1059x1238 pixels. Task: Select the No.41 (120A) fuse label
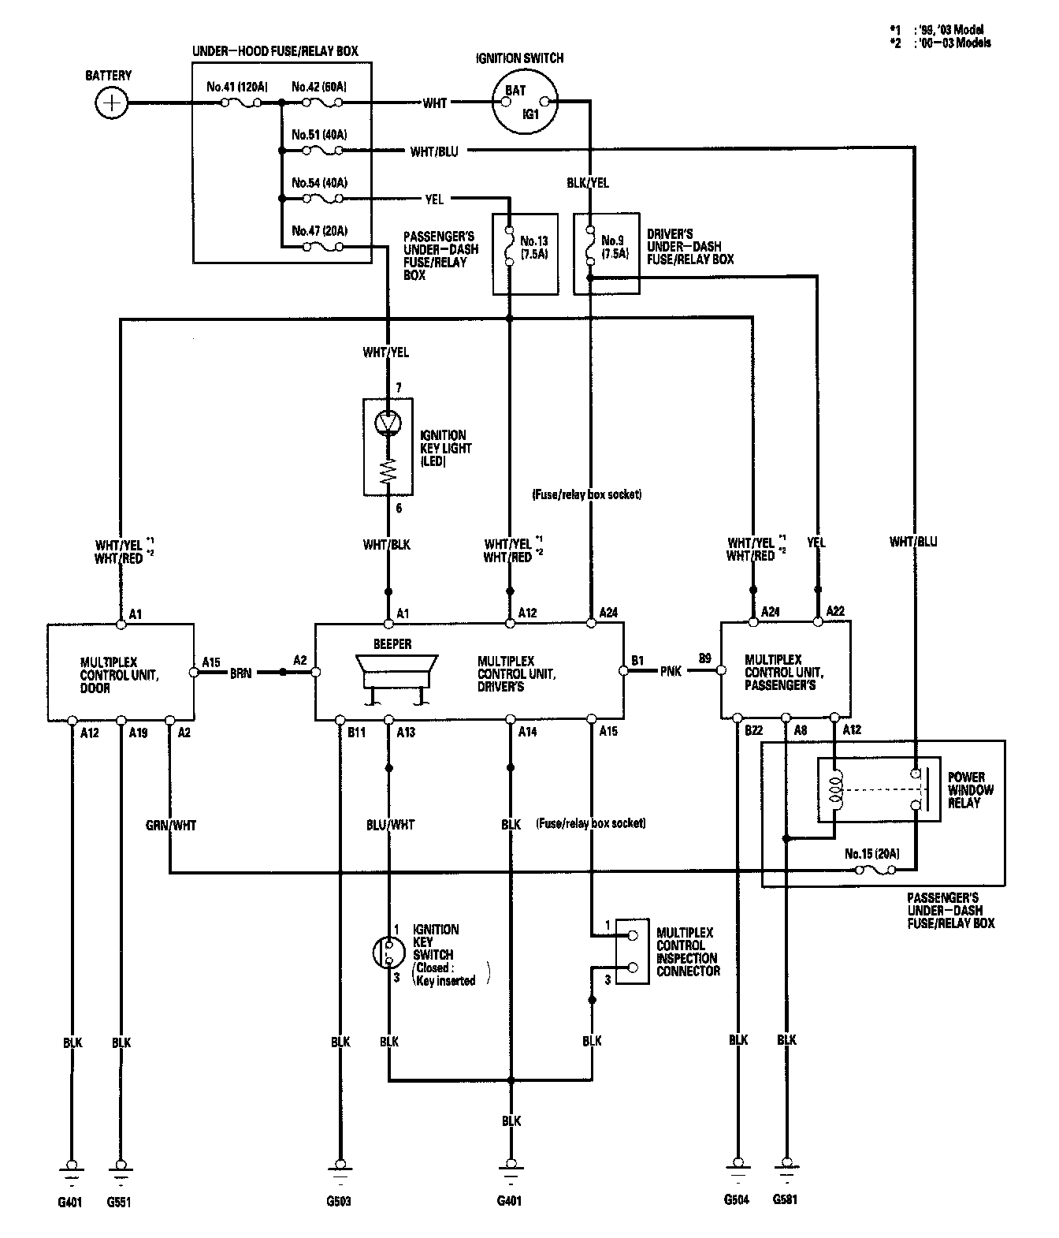click(x=235, y=88)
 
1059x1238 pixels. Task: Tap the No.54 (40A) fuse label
click(x=319, y=183)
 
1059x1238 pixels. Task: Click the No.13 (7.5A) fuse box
click(x=525, y=253)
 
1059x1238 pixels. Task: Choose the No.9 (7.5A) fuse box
click(x=606, y=253)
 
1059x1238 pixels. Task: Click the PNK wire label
click(x=672, y=672)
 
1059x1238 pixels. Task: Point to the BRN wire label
click(x=241, y=673)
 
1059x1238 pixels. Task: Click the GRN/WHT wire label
click(x=170, y=825)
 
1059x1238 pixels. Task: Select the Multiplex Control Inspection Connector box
click(x=632, y=951)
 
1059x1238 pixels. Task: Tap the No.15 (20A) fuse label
click(x=871, y=854)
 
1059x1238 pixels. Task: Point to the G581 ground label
click(x=786, y=1199)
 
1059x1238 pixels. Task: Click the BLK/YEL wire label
click(x=588, y=183)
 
